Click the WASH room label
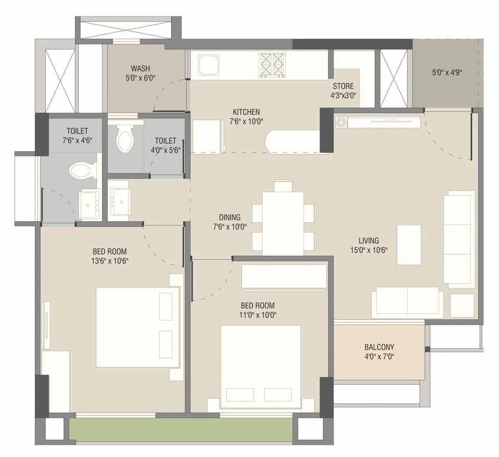(x=140, y=68)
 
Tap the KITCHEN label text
(x=246, y=112)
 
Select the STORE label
(x=343, y=86)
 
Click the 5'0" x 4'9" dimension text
(x=447, y=72)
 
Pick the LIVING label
(x=369, y=240)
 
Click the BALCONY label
(x=379, y=347)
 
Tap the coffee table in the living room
(x=410, y=245)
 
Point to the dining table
(x=282, y=223)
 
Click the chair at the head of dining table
(x=283, y=185)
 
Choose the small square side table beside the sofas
(x=462, y=306)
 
